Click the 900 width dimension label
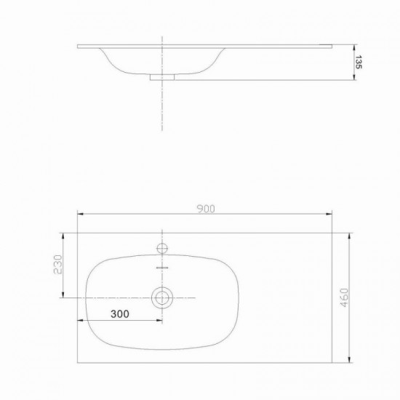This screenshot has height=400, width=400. [206, 209]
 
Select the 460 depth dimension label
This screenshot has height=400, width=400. [344, 297]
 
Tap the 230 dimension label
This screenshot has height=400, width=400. [58, 264]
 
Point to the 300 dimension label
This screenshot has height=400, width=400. [120, 314]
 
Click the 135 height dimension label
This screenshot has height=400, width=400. [359, 62]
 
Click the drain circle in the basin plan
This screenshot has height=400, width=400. [162, 297]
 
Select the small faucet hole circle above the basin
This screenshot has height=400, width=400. [162, 248]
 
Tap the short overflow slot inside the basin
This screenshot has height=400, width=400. [162, 268]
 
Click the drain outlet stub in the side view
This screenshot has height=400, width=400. [162, 77]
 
